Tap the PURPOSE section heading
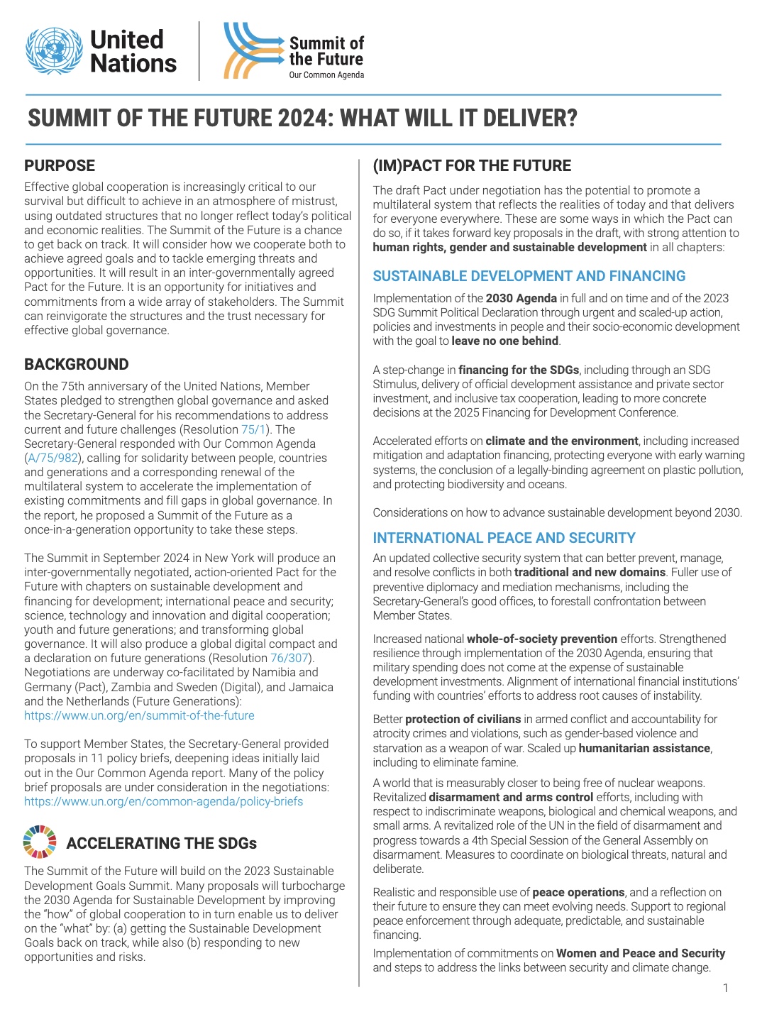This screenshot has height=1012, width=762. (x=60, y=165)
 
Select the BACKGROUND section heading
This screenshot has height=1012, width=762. (x=77, y=364)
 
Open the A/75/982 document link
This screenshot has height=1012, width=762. (x=55, y=458)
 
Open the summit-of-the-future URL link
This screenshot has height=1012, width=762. (x=139, y=715)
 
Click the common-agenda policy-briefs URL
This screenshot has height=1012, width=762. (x=163, y=801)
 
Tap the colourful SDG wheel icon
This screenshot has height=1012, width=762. (x=40, y=842)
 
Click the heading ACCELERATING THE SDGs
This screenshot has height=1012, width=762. (x=162, y=843)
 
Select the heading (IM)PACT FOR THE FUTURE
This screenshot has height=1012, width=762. (x=472, y=165)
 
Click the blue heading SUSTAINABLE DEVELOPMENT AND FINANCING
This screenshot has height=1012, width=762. (x=529, y=276)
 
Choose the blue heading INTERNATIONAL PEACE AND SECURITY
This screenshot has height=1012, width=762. (x=504, y=538)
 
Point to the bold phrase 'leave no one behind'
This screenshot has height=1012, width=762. (x=505, y=341)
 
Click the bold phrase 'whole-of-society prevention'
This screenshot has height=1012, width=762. (x=542, y=639)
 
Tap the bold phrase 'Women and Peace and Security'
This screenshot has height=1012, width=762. (x=641, y=953)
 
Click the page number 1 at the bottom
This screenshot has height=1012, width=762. (x=725, y=988)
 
